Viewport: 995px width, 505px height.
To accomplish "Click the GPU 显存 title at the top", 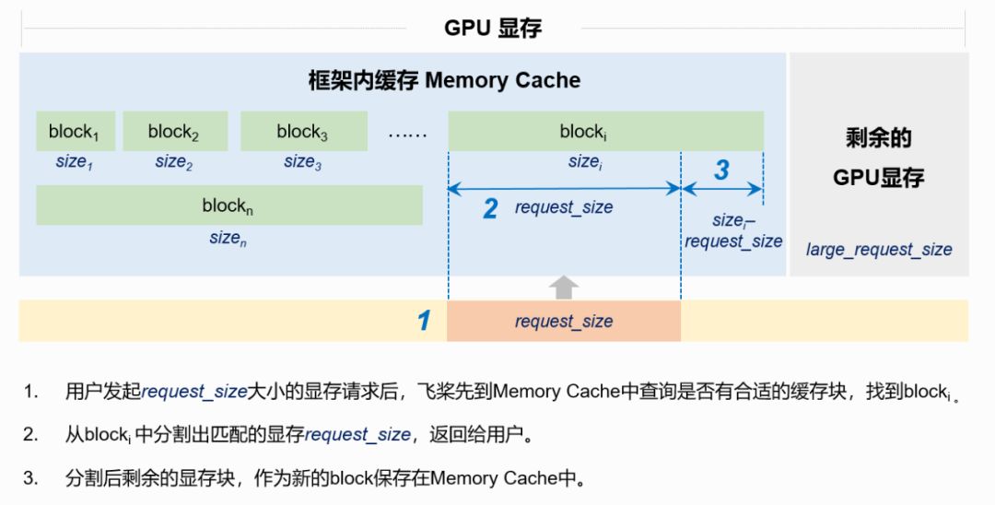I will pyautogui.click(x=493, y=28).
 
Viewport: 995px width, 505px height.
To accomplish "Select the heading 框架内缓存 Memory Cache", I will pyautogui.click(x=444, y=80).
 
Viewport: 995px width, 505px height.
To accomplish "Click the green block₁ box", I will pyautogui.click(x=76, y=132).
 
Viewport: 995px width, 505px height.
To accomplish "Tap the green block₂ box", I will pyautogui.click(x=175, y=132).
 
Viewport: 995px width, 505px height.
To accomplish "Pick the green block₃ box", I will pyautogui.click(x=303, y=132).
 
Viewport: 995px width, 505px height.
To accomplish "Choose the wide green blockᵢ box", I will pyautogui.click(x=605, y=132).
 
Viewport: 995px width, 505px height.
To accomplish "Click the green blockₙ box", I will pyautogui.click(x=228, y=206).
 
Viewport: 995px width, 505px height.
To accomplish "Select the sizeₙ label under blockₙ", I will pyautogui.click(x=228, y=238).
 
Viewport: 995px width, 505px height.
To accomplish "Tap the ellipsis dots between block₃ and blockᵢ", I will pyautogui.click(x=407, y=133).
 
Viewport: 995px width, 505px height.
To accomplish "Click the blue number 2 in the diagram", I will pyautogui.click(x=490, y=209).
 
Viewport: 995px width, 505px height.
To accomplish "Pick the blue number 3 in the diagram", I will pyautogui.click(x=721, y=170).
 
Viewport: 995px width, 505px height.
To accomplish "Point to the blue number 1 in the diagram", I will pyautogui.click(x=424, y=321).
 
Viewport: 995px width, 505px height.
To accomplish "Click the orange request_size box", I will pyautogui.click(x=564, y=321).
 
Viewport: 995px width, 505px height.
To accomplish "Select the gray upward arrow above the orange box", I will pyautogui.click(x=564, y=288).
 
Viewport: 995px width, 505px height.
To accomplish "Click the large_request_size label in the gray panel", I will pyautogui.click(x=879, y=250).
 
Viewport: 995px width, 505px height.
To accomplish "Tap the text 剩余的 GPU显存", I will pyautogui.click(x=878, y=158).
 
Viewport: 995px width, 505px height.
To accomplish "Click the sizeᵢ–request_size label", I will pyautogui.click(x=733, y=231).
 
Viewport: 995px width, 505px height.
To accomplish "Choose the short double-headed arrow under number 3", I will pyautogui.click(x=721, y=189).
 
